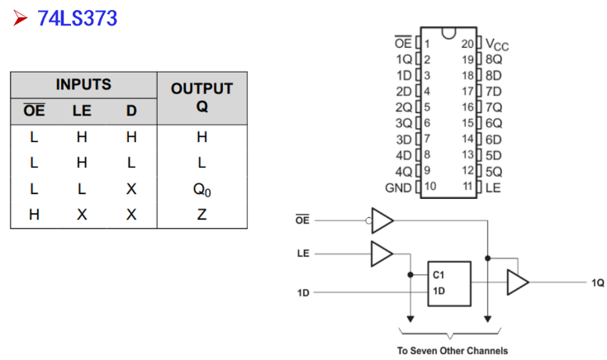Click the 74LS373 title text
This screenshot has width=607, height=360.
click(x=77, y=18)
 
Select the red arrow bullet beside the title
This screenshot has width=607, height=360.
click(x=20, y=18)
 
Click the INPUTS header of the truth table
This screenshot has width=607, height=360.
click(x=83, y=84)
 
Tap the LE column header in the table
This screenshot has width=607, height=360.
click(x=82, y=111)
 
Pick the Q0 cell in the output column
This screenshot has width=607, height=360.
click(x=202, y=190)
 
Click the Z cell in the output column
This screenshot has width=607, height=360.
click(x=202, y=215)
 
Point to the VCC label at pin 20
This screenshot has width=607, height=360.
click(x=497, y=45)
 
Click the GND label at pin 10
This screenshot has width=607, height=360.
click(x=398, y=188)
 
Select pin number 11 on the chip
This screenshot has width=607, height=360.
click(x=468, y=187)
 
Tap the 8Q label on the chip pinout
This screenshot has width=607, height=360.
click(x=494, y=59)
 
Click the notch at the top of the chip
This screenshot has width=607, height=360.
click(x=448, y=33)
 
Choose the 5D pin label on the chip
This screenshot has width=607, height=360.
click(x=494, y=155)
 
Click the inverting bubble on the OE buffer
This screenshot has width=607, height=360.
click(x=368, y=220)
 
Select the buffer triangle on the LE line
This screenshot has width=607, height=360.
click(x=382, y=254)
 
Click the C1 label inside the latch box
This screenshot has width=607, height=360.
click(x=439, y=275)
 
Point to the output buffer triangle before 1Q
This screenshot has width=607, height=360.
click(x=518, y=282)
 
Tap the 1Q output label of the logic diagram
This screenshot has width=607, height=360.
click(x=598, y=283)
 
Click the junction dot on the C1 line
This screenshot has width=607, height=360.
click(x=410, y=275)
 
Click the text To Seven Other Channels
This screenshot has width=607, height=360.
click(x=453, y=351)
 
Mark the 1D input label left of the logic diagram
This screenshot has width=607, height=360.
click(x=303, y=293)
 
